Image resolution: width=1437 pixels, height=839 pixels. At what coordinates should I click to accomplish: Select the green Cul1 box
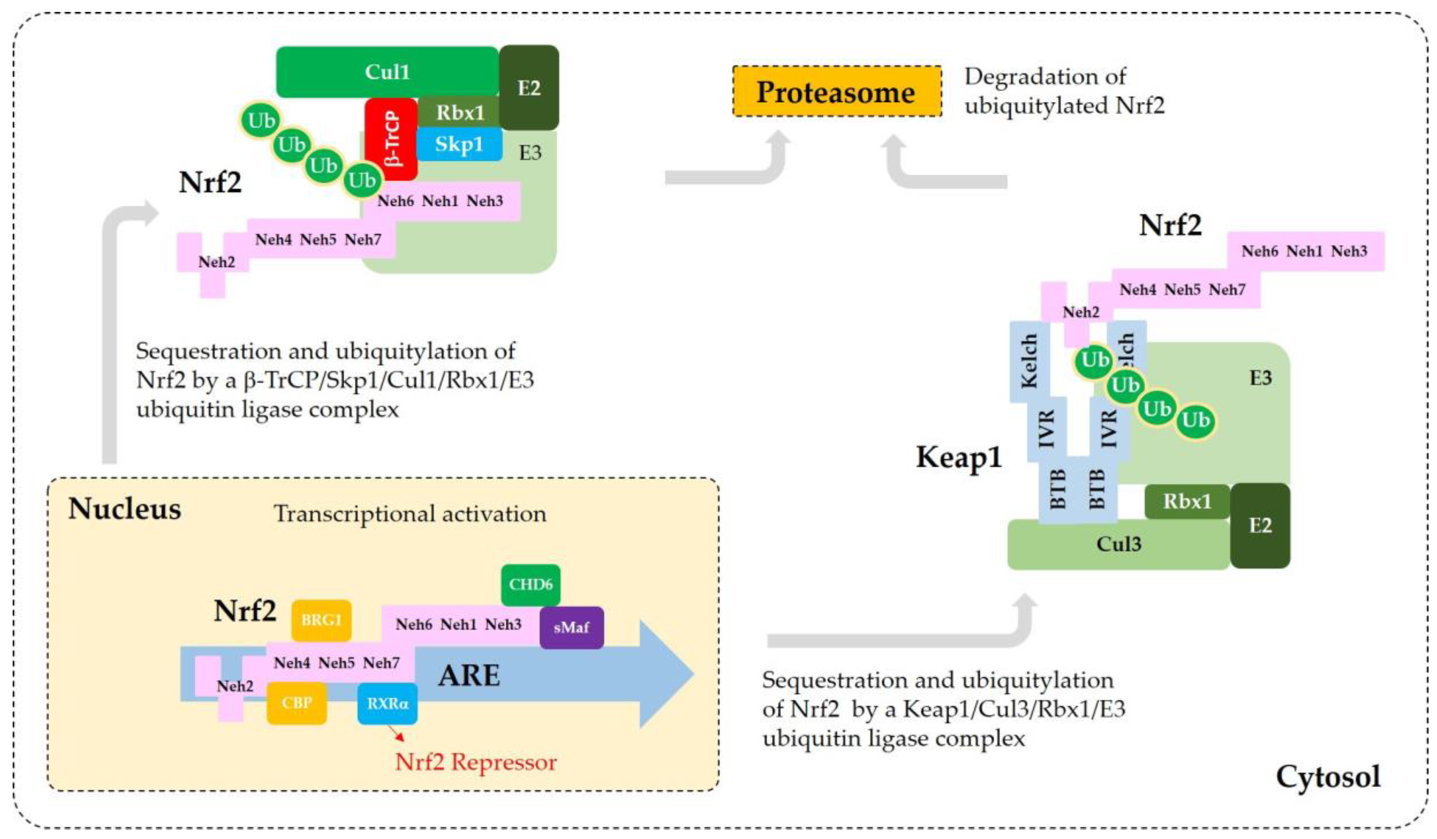click(x=387, y=72)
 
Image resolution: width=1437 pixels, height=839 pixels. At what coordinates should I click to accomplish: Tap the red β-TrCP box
click(x=391, y=139)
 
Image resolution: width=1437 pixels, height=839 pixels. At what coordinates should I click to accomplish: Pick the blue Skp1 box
click(x=459, y=144)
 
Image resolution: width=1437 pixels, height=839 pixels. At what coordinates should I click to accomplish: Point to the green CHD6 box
click(x=530, y=584)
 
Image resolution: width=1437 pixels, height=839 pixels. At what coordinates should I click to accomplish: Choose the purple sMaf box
click(x=571, y=627)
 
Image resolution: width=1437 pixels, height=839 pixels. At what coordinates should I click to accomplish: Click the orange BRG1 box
click(x=321, y=620)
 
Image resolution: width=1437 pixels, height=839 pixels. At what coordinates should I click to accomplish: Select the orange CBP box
click(x=297, y=702)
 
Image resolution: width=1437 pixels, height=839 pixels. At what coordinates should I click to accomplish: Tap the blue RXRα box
click(x=387, y=703)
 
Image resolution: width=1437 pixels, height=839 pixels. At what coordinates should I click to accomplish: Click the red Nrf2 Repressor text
click(x=476, y=762)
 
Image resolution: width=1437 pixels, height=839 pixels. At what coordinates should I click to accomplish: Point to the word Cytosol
click(x=1328, y=776)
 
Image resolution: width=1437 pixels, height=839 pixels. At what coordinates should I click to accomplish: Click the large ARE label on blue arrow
click(x=469, y=676)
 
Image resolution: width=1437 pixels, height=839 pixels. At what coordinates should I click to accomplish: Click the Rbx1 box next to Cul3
click(x=1187, y=501)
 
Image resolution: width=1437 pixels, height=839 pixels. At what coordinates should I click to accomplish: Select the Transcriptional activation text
click(x=409, y=514)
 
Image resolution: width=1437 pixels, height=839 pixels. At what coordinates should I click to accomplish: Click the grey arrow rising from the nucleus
click(x=109, y=343)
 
